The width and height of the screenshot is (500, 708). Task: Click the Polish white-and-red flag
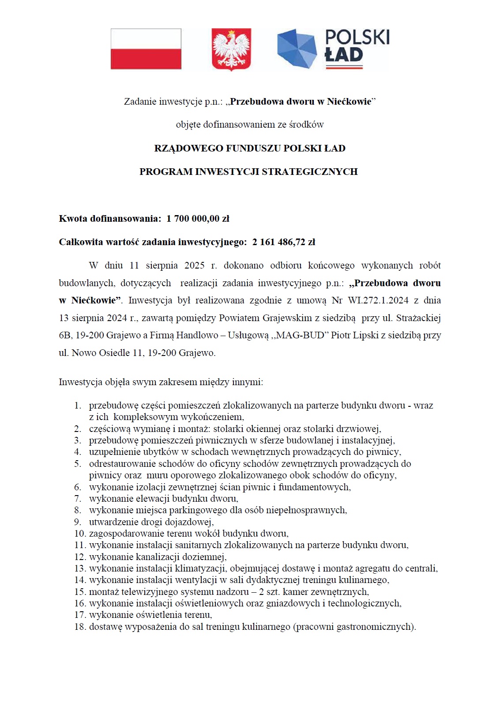pos(146,49)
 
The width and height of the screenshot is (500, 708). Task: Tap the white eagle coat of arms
pos(231,49)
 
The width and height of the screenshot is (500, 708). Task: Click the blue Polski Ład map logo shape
pos(297,49)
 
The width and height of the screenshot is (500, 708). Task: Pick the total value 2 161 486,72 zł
pos(283,242)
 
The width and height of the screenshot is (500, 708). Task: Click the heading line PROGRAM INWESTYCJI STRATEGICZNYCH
pos(248,172)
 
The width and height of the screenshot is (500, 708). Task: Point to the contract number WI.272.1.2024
pos(378,300)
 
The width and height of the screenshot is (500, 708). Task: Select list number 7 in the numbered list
pos(78,499)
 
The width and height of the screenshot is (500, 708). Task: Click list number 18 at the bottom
pos(80,627)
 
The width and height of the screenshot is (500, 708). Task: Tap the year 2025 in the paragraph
pos(194,265)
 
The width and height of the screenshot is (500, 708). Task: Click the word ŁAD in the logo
pos(344,55)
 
